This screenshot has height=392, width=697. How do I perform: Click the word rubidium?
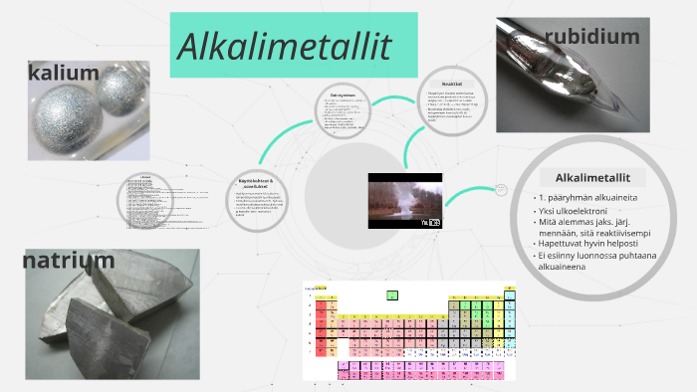[x=591, y=37]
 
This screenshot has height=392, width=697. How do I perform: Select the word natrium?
[x=69, y=261]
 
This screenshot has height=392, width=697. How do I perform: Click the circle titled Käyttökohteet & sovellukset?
[x=256, y=199]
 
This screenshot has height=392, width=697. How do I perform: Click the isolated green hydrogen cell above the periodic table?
[x=392, y=294]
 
